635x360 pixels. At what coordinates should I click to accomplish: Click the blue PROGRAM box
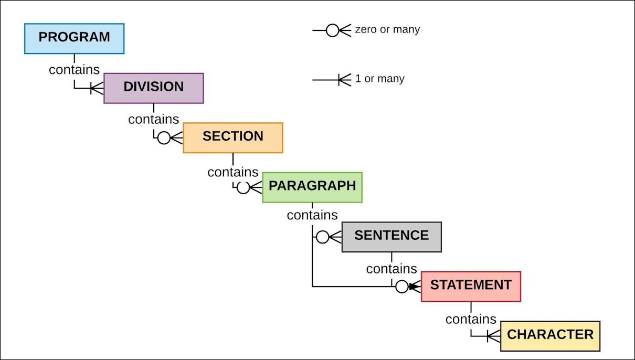[74, 38]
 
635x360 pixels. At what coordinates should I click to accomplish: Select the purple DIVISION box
[153, 88]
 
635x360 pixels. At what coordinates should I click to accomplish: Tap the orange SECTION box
[232, 137]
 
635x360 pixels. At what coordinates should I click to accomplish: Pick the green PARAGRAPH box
[312, 187]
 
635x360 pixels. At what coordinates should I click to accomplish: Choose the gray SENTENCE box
[391, 237]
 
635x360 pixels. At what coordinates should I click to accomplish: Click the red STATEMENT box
[471, 286]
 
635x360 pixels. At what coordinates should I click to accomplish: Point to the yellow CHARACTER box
[550, 336]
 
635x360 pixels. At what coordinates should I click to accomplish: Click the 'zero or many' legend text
[387, 30]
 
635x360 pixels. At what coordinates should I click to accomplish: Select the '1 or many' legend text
[379, 79]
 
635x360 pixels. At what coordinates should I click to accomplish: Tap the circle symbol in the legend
[332, 30]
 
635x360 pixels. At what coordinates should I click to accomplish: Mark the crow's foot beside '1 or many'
[344, 80]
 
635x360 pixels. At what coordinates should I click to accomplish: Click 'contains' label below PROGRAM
[74, 69]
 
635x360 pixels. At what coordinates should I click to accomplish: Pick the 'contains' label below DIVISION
[153, 119]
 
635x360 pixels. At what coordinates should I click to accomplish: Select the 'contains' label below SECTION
[232, 172]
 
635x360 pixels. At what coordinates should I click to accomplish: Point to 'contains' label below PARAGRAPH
[312, 215]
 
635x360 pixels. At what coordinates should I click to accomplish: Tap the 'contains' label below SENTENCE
[391, 269]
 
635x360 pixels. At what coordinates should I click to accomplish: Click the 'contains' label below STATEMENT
[471, 319]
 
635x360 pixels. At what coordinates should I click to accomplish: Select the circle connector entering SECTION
[164, 138]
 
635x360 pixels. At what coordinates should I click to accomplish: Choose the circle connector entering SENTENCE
[323, 237]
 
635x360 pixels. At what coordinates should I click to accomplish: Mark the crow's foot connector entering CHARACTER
[493, 336]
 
